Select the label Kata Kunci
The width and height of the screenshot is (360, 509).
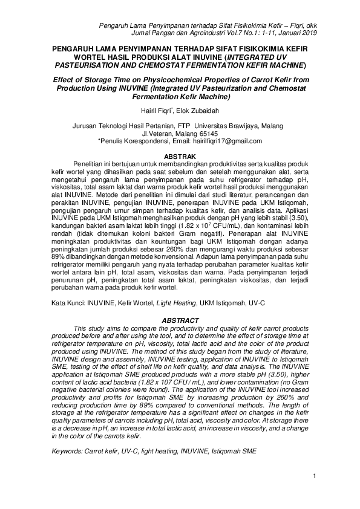68,302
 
